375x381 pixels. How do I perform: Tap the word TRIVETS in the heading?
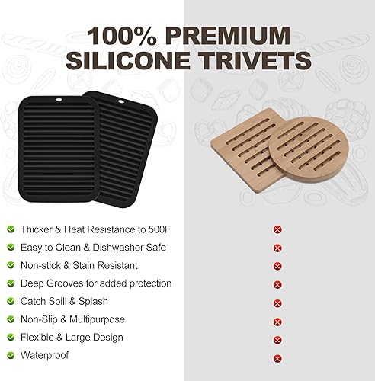251,62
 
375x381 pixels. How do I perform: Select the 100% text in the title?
121,35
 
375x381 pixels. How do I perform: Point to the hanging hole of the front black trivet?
62,101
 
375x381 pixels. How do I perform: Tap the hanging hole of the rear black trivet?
119,100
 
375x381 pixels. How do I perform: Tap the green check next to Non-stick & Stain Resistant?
11,265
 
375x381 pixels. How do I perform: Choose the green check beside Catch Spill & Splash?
11,301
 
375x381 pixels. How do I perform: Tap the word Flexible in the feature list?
39,338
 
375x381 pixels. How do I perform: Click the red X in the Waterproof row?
277,357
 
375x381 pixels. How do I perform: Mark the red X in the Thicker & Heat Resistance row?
277,229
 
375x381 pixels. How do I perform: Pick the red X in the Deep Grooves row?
277,284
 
